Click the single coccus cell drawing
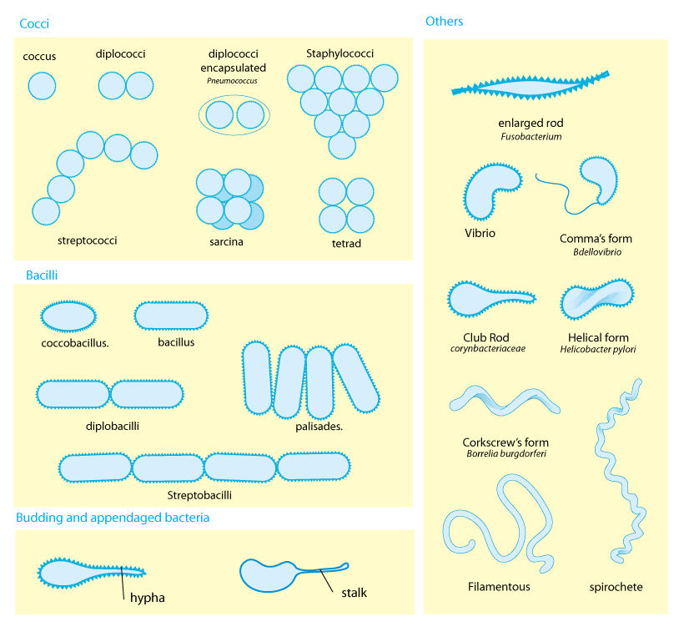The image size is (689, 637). (x=42, y=86)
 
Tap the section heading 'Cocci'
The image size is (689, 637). (x=34, y=23)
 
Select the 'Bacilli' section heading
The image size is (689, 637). (x=42, y=276)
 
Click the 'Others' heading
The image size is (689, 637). (x=444, y=21)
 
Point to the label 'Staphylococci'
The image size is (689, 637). (x=339, y=53)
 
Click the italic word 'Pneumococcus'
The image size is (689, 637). (x=232, y=81)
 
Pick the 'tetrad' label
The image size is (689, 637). (x=346, y=243)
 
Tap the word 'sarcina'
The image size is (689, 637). (x=226, y=241)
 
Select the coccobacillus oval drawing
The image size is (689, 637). (x=68, y=316)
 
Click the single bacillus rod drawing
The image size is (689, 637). (x=171, y=316)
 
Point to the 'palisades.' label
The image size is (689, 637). (x=319, y=427)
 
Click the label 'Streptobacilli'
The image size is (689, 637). (x=199, y=495)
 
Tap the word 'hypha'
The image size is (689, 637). (x=148, y=598)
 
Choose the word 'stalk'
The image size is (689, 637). (x=355, y=593)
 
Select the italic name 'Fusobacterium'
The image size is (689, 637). (x=531, y=137)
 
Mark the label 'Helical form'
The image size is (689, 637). (x=598, y=337)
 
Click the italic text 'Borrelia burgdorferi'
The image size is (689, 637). (x=506, y=453)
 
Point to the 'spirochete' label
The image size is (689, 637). (x=616, y=587)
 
